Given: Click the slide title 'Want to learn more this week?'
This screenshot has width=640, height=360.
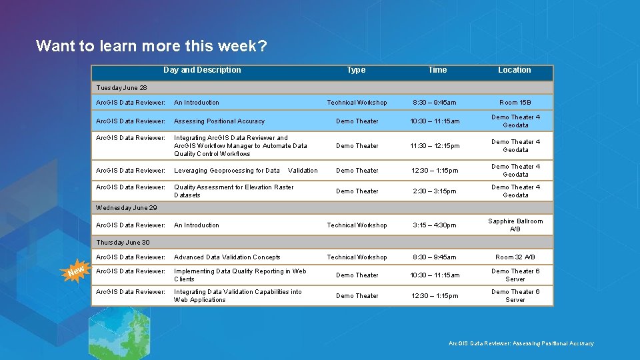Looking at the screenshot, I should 151,46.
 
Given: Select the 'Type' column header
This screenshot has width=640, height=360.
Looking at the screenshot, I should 356,70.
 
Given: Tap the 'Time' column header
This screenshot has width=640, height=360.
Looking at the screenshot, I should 437,70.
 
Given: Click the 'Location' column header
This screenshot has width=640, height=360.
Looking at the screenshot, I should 515,70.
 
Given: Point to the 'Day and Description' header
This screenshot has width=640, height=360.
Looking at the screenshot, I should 202,70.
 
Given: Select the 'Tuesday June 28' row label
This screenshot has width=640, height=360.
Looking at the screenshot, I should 121,87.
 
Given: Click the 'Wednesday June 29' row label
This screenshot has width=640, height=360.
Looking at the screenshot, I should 127,208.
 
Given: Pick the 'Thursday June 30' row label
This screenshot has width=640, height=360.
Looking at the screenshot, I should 123,243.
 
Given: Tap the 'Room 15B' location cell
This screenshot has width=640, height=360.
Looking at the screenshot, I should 515,103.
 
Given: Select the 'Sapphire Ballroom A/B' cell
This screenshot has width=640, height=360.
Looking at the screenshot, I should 515,225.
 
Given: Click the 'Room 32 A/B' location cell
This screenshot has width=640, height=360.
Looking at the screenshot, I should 515,257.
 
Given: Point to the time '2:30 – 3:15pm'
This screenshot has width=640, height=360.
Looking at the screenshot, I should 435,191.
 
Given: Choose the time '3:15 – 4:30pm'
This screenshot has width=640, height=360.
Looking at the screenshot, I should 434,225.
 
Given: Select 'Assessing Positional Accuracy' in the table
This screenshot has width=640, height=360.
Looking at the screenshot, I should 219,121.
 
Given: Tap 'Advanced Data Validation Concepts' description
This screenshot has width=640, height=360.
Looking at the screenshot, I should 227,257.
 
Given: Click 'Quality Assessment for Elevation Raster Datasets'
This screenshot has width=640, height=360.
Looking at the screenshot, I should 233,191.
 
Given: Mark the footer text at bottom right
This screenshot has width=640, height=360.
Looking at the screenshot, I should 521,343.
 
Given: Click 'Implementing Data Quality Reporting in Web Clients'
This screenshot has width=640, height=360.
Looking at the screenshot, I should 240,275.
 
